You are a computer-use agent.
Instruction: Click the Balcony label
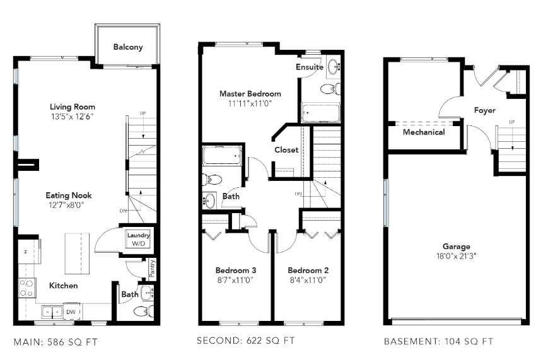tap(128, 47)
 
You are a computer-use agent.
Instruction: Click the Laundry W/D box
tap(139, 240)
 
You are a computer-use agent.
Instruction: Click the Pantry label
tap(152, 270)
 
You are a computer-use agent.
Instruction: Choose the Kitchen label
tap(64, 286)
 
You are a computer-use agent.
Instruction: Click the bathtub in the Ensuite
tap(320, 113)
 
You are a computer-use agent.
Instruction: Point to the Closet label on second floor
tap(286, 150)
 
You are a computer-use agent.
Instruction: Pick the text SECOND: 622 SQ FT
tap(246, 341)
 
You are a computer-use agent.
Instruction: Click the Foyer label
tap(485, 110)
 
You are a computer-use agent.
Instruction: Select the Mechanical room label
tap(424, 132)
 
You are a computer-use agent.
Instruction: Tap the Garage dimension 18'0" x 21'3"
tap(456, 257)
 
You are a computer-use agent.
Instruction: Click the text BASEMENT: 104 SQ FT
tap(438, 342)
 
